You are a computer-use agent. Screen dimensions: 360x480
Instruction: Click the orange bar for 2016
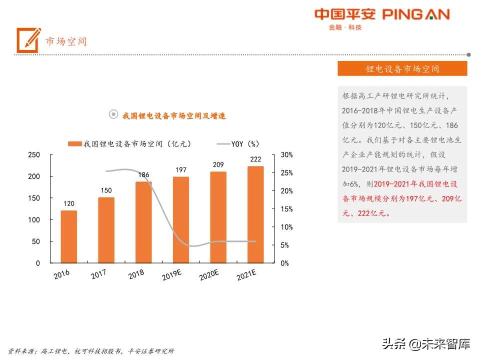(69, 236)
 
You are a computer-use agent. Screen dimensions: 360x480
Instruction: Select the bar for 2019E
(181, 220)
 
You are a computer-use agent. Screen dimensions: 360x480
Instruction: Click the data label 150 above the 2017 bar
(106, 190)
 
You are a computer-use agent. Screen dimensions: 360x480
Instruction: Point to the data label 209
(218, 164)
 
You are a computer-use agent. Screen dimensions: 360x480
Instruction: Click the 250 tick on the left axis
(33, 155)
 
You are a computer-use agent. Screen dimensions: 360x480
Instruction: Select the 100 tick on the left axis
(33, 220)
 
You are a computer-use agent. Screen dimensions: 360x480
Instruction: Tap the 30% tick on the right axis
(286, 155)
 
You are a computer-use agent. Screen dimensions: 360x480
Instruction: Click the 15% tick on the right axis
(286, 209)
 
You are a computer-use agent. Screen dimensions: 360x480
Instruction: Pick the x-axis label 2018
(136, 274)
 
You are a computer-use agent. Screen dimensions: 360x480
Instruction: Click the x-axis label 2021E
(246, 275)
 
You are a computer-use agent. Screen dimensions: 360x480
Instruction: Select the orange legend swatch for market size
(74, 144)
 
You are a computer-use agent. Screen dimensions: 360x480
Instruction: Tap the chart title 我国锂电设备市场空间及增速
(174, 116)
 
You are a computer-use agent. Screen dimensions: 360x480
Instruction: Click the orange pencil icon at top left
(28, 40)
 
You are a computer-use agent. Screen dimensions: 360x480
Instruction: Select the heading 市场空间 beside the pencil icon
(66, 41)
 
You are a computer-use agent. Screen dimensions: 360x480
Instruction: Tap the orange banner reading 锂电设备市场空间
(402, 69)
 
